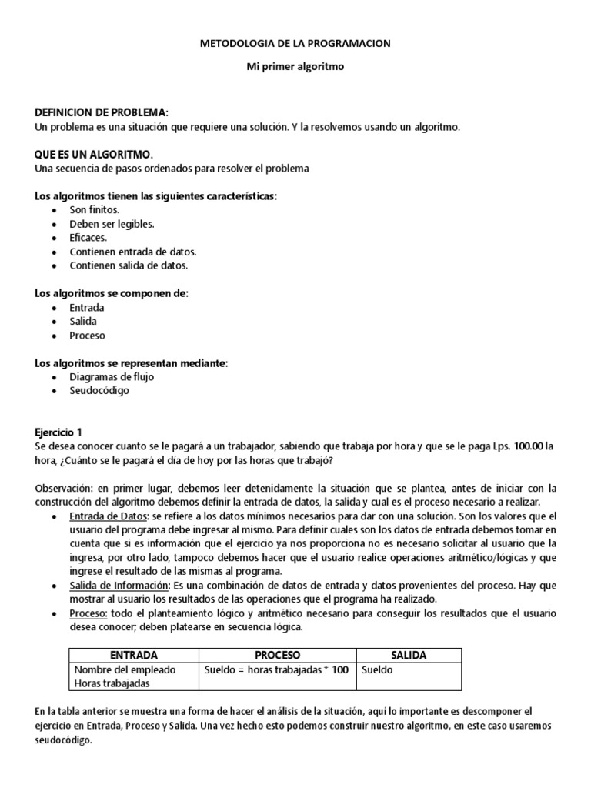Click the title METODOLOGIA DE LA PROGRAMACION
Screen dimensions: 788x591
295,44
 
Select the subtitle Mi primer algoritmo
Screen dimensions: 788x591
295,67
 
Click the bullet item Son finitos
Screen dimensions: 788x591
94,210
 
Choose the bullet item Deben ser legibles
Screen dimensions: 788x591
112,224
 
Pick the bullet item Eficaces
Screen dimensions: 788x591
88,238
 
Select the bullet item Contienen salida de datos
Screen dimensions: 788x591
129,265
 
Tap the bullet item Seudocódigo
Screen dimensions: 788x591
99,391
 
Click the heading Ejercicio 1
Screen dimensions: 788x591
58,433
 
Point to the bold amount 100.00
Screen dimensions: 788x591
528,446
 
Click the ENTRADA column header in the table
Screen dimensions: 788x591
134,656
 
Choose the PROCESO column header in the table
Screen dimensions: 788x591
277,656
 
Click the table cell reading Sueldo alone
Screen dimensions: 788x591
377,669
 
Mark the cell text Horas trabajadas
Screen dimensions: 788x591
111,683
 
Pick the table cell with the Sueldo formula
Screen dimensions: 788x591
276,669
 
